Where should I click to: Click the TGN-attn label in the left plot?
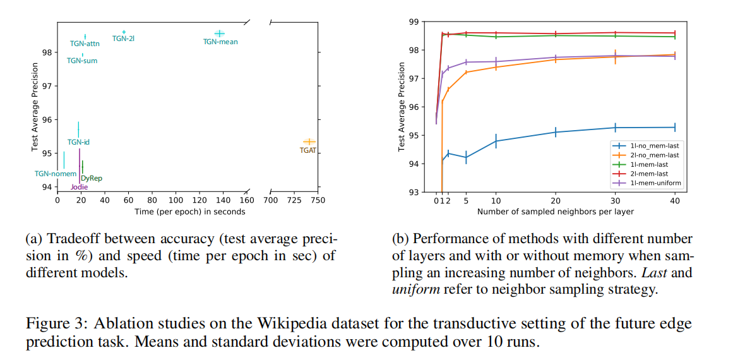click(x=85, y=44)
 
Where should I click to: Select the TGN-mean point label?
click(x=220, y=42)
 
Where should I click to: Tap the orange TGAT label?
click(x=308, y=150)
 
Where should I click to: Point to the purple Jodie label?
click(x=79, y=186)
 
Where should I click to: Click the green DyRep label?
click(x=92, y=178)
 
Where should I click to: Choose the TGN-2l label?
click(x=123, y=39)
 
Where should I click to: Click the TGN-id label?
click(x=78, y=142)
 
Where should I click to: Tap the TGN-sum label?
click(x=82, y=61)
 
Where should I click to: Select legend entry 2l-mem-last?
click(x=650, y=174)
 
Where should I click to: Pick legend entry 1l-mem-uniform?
click(x=653, y=183)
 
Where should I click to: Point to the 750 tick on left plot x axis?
click(x=318, y=200)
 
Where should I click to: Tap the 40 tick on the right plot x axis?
click(x=674, y=201)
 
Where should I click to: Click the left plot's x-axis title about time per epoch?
click(x=189, y=212)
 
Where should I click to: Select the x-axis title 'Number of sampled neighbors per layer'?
click(x=555, y=212)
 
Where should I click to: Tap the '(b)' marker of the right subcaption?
click(x=401, y=240)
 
